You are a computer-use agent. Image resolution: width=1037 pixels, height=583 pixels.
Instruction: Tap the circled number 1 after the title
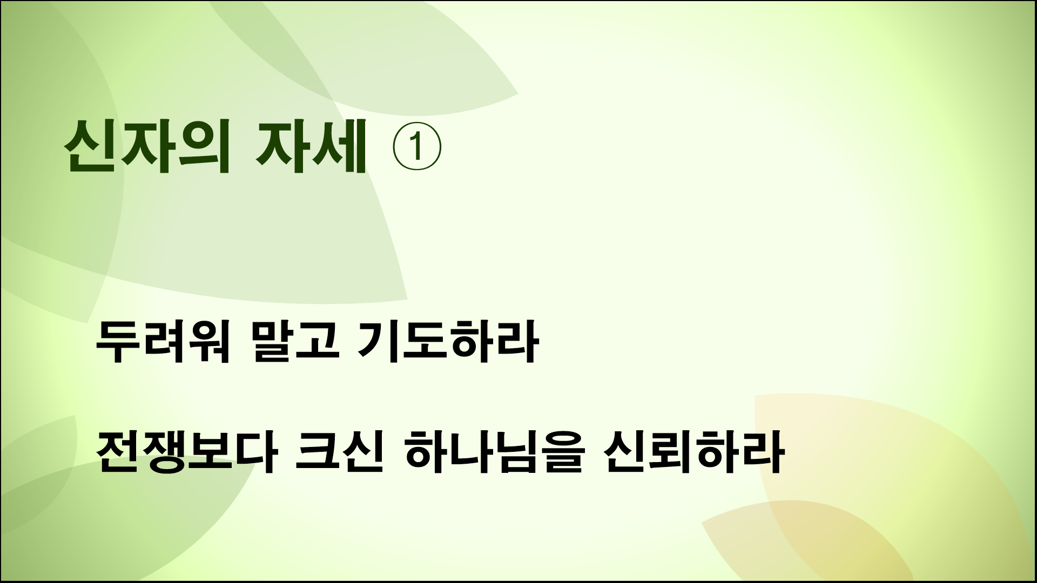coord(416,148)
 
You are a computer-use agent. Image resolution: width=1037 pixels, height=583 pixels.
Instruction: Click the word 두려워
coord(163,343)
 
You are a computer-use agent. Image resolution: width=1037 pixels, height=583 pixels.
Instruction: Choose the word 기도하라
coord(448,343)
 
